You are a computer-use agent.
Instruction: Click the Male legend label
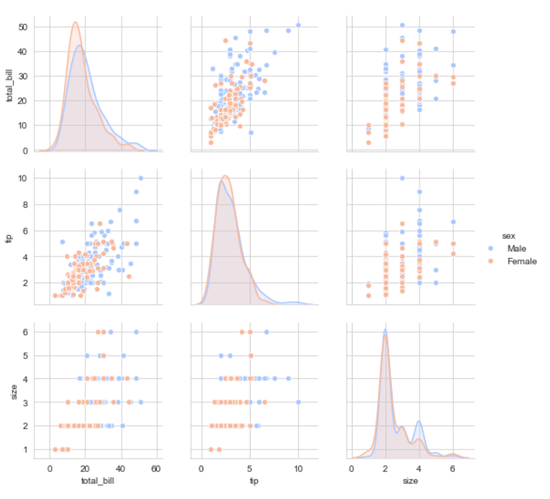tap(516, 248)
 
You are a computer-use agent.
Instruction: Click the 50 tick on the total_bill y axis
tap(22, 27)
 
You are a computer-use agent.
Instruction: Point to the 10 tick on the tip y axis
tap(22, 178)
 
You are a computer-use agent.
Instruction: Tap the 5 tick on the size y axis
tap(25, 355)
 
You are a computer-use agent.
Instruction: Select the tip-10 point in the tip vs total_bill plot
tap(141, 178)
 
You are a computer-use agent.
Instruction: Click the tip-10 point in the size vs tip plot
tap(299, 402)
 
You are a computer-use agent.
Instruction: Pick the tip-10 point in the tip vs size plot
tap(402, 178)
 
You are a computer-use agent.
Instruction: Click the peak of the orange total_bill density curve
tap(76, 22)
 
